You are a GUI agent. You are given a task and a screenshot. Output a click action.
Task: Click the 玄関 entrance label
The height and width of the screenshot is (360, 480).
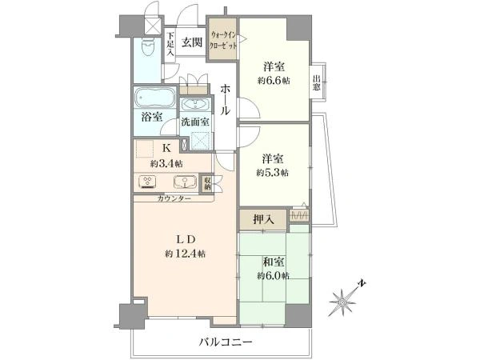[190, 42]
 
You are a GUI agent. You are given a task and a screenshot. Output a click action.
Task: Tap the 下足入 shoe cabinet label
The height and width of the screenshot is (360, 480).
[170, 42]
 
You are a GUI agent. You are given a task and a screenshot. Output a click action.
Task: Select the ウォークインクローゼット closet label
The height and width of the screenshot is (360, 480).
[222, 40]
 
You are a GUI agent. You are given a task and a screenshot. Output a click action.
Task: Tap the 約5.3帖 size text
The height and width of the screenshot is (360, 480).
[272, 172]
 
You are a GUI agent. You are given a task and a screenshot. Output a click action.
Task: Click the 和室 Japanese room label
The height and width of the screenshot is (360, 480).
[272, 260]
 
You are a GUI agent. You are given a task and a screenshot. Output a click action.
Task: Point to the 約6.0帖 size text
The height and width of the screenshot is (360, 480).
[272, 275]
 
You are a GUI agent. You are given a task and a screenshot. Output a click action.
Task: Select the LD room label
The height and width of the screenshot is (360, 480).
[186, 239]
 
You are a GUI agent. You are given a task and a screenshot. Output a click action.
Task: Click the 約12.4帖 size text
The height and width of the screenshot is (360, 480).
[186, 254]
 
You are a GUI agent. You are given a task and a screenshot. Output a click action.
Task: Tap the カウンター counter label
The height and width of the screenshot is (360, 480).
[174, 198]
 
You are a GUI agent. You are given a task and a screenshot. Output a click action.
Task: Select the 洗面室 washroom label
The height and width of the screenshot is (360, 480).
[194, 122]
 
